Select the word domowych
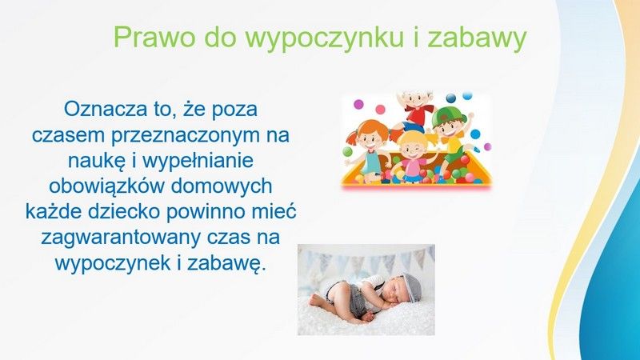(x=222, y=186)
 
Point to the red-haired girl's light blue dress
(x=370, y=161)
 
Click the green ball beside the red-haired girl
(x=348, y=151)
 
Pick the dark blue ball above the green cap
(x=451, y=98)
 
